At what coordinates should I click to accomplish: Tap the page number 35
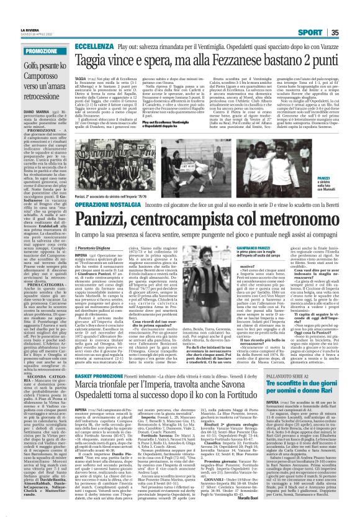pyautogui.click(x=353, y=15)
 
